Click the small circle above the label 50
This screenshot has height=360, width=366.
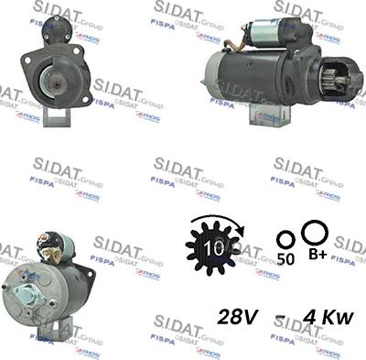point(285,239)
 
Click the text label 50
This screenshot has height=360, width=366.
point(285,259)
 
